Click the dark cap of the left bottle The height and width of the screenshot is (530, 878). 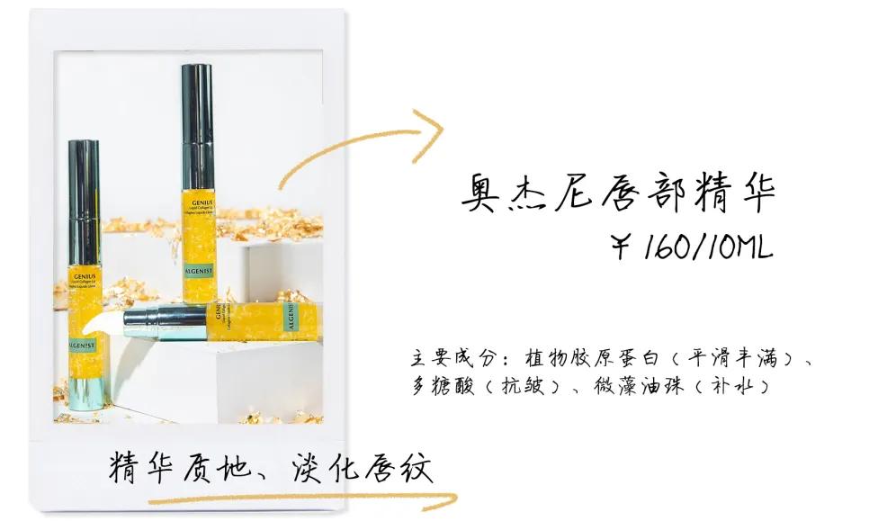84,202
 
